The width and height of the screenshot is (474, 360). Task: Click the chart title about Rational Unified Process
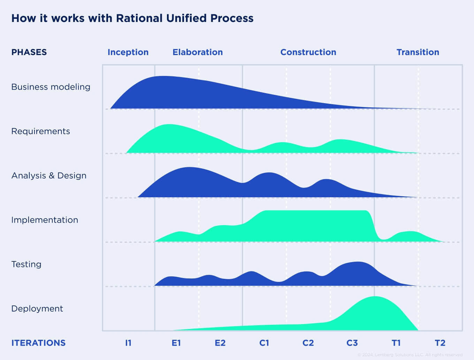[x=132, y=18]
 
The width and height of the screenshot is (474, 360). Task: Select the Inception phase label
[x=128, y=52]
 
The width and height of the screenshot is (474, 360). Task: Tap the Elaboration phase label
[x=198, y=52]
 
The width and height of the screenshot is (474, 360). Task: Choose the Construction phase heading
[x=308, y=52]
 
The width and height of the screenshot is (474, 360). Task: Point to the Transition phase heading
[x=418, y=52]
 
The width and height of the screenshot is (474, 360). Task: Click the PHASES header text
[x=29, y=52]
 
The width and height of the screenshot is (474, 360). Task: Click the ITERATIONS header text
[x=38, y=343]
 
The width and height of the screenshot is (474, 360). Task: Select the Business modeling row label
[x=51, y=87]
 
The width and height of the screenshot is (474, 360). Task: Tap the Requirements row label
[x=40, y=131]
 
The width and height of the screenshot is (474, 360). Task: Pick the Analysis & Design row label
[x=49, y=176]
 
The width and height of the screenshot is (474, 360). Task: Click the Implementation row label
[x=45, y=220]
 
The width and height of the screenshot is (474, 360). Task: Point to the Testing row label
[x=26, y=264]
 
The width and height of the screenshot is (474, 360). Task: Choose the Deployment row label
[x=37, y=309]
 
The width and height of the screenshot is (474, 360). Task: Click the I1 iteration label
[x=128, y=343]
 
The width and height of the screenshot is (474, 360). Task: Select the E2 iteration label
[x=220, y=343]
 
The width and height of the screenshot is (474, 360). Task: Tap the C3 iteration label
[x=352, y=343]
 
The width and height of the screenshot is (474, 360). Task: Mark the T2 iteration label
[x=440, y=343]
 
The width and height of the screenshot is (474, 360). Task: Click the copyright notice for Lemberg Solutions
[x=410, y=355]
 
